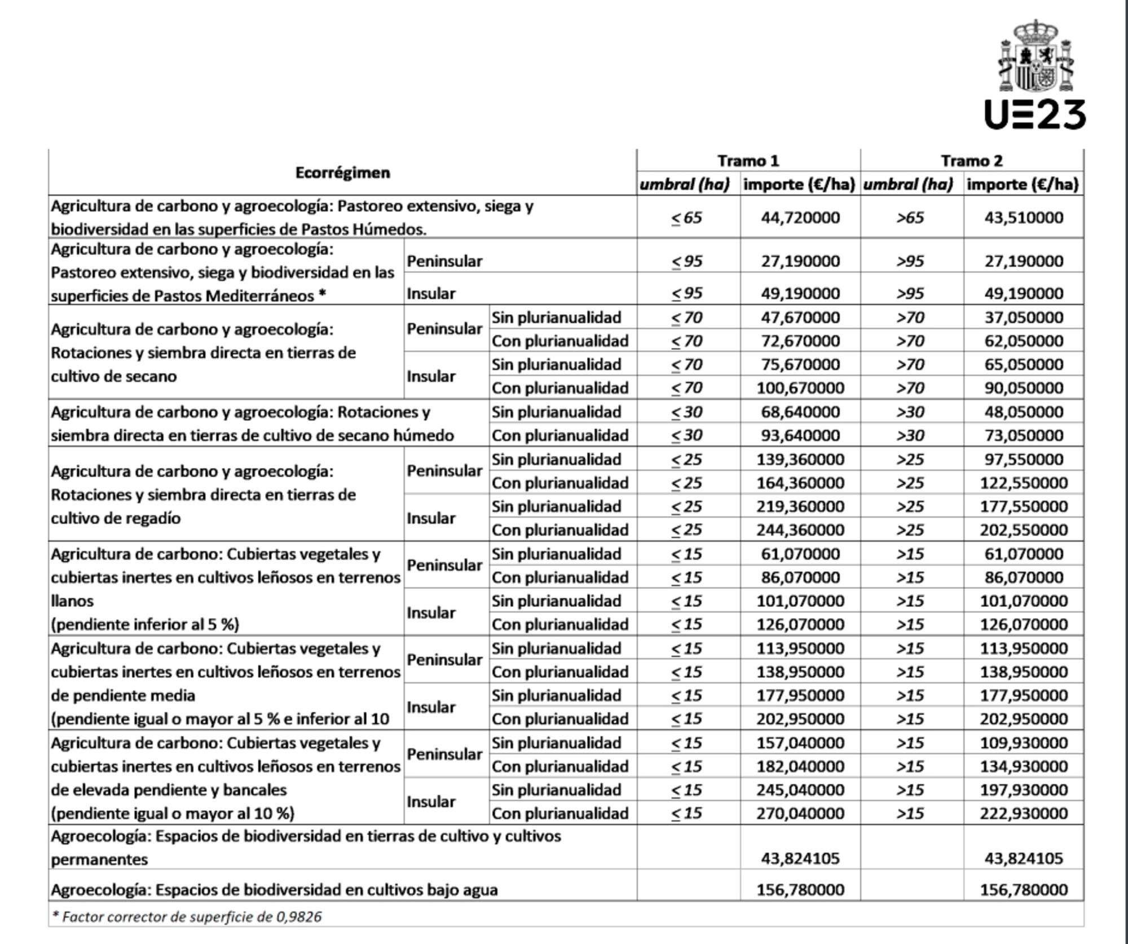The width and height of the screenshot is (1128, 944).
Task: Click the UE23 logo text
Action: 1034,115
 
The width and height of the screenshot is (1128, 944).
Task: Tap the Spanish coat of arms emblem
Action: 1036,56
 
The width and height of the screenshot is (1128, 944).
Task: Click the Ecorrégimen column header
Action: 342,173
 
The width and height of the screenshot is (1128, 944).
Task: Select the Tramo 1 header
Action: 748,161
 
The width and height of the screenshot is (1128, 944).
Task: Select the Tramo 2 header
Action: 971,161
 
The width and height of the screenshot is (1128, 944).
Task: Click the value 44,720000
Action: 800,218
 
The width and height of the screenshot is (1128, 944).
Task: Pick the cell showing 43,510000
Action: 1023,218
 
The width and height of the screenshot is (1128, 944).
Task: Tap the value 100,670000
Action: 800,388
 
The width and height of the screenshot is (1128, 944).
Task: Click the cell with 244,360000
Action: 800,530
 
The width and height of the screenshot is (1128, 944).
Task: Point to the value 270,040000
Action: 800,813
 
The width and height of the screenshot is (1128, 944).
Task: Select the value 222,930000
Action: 1023,813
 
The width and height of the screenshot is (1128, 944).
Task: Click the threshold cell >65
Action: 910,218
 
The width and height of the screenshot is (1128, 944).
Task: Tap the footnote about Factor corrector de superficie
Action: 186,916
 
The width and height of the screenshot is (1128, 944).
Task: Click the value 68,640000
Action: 800,412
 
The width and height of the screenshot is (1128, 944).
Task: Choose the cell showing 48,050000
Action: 1023,412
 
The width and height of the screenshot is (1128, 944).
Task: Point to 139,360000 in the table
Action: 800,459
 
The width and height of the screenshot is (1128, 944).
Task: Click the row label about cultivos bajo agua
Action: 274,890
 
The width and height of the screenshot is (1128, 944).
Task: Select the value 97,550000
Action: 1023,459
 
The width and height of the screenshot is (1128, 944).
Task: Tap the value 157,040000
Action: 800,743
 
